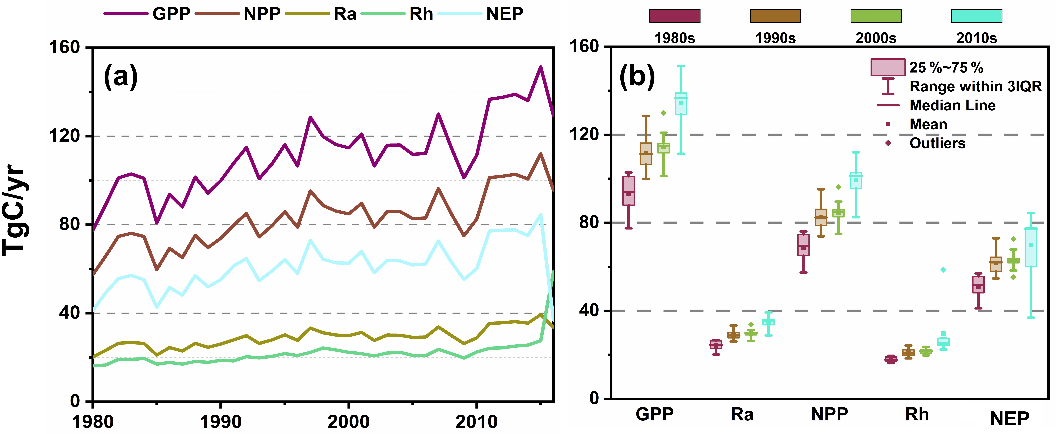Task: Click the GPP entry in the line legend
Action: [x=171, y=14]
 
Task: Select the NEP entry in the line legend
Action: [x=504, y=14]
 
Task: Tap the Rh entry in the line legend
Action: [x=421, y=14]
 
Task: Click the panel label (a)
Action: [x=120, y=76]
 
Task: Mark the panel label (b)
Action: [x=637, y=76]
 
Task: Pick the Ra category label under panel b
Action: [x=742, y=414]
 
